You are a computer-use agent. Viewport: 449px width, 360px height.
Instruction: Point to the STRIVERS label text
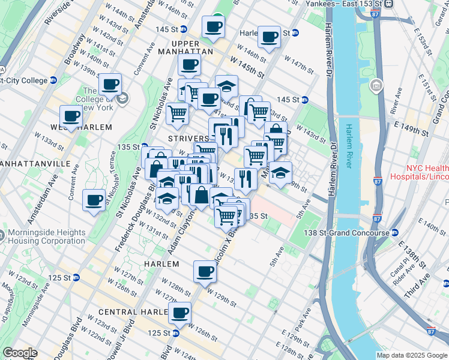click(x=188, y=139)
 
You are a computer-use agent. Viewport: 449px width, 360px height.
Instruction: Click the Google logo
click(x=20, y=353)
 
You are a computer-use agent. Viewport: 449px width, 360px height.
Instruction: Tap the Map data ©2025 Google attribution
click(x=412, y=355)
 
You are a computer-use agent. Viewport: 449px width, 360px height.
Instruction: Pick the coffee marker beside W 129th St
click(x=205, y=271)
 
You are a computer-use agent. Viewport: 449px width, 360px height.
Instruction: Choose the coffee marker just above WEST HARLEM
click(x=71, y=115)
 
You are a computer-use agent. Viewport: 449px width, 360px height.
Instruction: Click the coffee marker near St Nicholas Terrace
click(x=94, y=199)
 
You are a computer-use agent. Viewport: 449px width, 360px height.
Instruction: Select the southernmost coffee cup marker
click(x=179, y=312)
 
